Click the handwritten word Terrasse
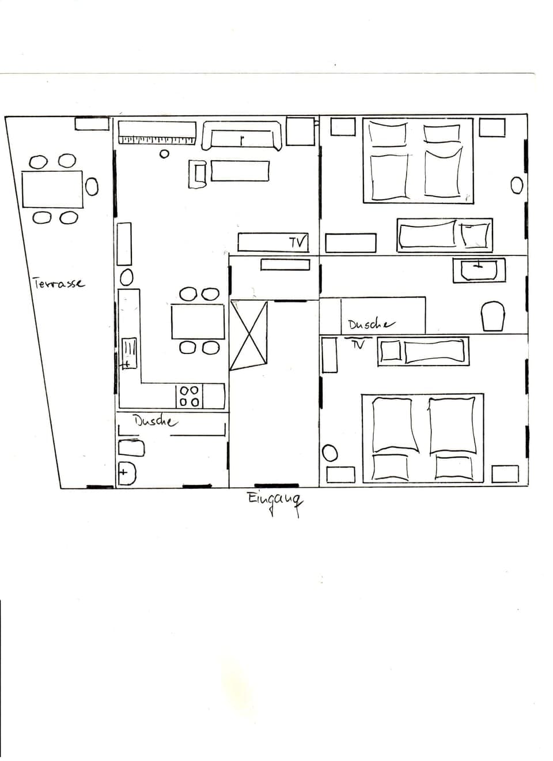click(59, 284)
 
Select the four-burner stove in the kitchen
click(190, 396)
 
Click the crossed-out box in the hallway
click(249, 335)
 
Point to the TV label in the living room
click(297, 242)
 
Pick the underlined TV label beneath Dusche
click(358, 345)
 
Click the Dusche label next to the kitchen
click(155, 421)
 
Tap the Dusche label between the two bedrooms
click(371, 325)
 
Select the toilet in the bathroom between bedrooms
click(493, 317)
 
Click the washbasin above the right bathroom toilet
click(479, 270)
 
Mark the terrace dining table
click(52, 189)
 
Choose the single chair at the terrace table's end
click(92, 186)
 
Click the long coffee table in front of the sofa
click(240, 171)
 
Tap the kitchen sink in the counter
click(129, 353)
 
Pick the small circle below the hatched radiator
click(164, 154)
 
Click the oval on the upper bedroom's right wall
click(517, 185)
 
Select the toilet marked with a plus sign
click(126, 474)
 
